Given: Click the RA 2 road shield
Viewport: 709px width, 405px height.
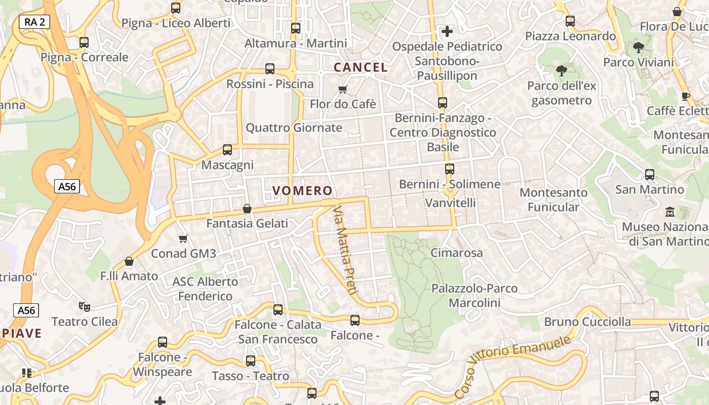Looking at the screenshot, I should tap(34, 22).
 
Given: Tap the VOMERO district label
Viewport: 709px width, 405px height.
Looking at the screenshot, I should tap(302, 191).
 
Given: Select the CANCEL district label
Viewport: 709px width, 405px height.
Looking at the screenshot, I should tap(361, 67).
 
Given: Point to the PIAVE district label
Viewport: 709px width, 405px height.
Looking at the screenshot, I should tap(21, 333).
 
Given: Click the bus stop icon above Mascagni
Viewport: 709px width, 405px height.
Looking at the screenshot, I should tap(227, 150).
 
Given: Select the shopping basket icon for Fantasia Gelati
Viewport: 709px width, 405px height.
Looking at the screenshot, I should tap(247, 209).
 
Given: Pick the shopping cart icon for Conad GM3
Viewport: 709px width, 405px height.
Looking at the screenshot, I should tap(183, 238).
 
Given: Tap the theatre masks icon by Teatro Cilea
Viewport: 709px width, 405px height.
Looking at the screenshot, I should tap(85, 306).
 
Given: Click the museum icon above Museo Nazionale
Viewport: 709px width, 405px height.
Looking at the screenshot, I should tap(670, 212).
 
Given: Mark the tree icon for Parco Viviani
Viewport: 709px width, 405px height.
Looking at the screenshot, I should tap(638, 48).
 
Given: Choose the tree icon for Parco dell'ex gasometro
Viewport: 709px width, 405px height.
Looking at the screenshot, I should tap(561, 71).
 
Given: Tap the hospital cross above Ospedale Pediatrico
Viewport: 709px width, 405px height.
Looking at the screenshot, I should tap(447, 31).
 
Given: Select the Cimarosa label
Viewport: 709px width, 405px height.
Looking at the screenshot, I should tap(456, 253).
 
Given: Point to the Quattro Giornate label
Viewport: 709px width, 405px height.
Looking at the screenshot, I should tap(294, 128).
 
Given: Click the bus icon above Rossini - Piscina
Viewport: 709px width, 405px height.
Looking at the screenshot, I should tap(270, 69).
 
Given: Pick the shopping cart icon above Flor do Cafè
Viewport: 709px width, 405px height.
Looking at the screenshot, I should tap(343, 90).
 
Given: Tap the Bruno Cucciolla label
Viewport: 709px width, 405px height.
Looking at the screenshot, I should tap(587, 322).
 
